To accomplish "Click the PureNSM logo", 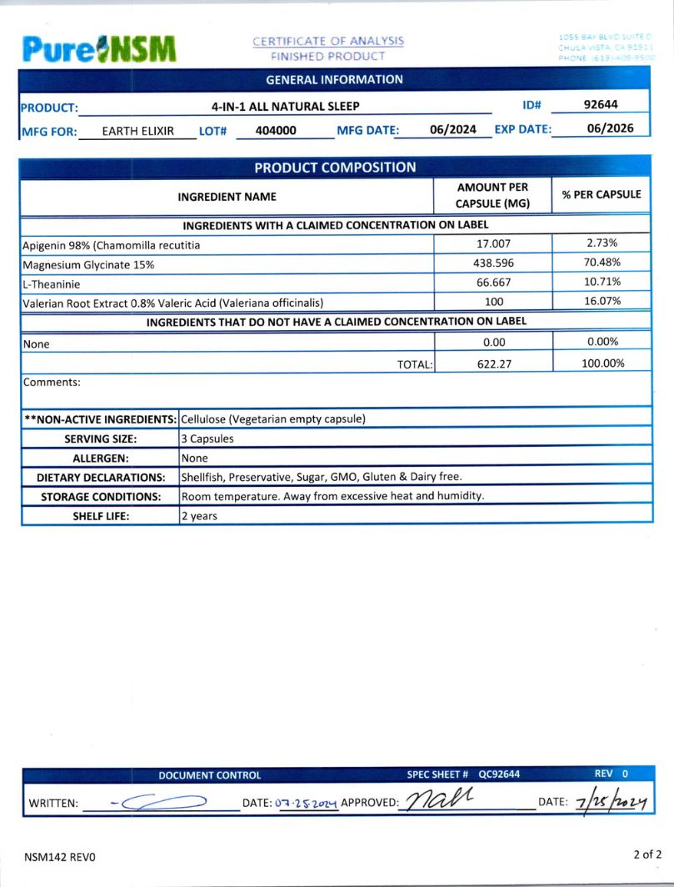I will [99, 49].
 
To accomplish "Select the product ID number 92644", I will [600, 105].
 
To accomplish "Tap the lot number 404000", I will [276, 131].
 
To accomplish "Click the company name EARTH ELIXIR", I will [137, 131].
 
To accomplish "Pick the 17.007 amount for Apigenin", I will [492, 243].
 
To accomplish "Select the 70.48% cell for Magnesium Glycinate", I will [602, 263].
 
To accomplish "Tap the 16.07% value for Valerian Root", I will [602, 302].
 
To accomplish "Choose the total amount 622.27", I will [492, 363].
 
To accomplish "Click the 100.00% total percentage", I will [602, 363].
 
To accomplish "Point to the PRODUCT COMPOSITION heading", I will [335, 168].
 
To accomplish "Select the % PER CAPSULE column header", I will [602, 194].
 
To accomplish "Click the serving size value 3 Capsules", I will [207, 438].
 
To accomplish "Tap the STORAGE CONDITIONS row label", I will [101, 496].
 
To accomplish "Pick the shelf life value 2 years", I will [199, 516].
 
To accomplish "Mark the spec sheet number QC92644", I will [499, 774].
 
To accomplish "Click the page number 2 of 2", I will [647, 854].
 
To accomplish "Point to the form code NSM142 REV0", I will [60, 856].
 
